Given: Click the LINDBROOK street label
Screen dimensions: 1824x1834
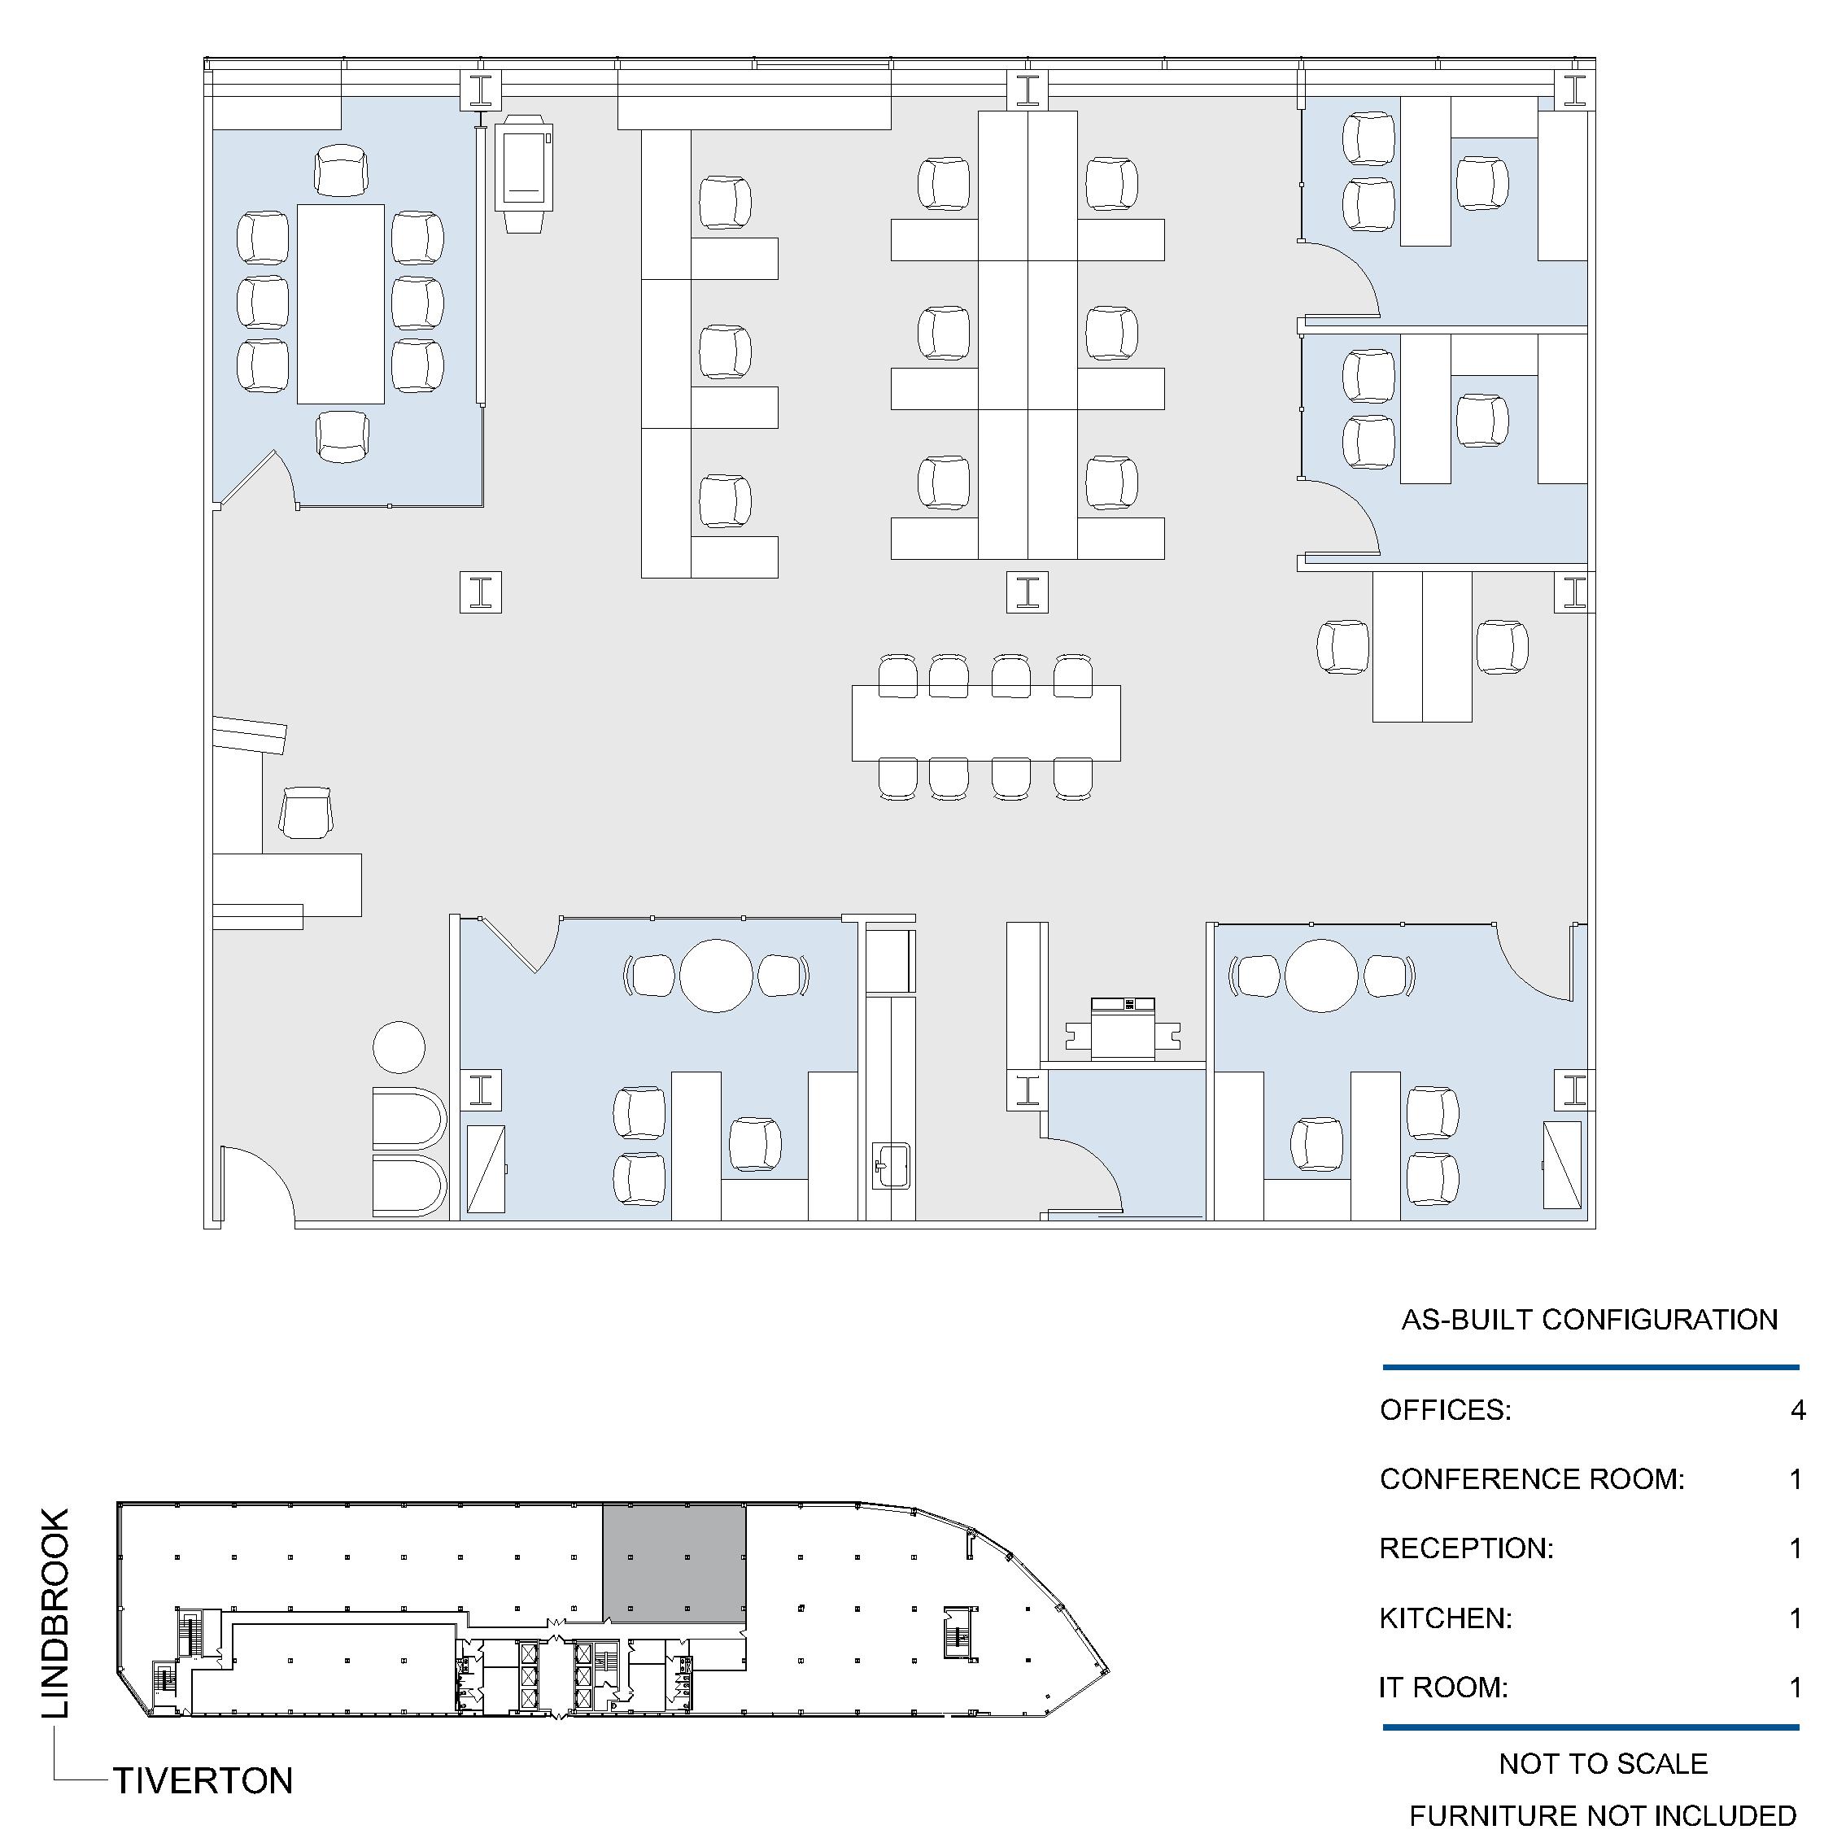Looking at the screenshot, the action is tap(56, 1613).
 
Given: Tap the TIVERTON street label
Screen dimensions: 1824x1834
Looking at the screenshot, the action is tap(203, 1782).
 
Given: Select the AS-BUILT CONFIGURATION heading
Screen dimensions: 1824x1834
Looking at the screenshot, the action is tap(1590, 1320).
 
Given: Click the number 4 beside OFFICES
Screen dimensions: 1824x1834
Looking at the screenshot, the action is tap(1797, 1411).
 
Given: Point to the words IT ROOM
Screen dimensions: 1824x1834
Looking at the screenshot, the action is tap(1442, 1687).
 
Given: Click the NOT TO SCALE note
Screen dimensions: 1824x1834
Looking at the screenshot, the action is tap(1603, 1764).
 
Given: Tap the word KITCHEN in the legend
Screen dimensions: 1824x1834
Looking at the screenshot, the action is tap(1446, 1618).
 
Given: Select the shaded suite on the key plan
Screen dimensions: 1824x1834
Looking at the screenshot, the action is tap(674, 1564).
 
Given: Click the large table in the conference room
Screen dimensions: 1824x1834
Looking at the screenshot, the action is tap(341, 303).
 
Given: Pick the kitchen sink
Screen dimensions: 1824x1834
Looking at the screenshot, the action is tap(891, 1166).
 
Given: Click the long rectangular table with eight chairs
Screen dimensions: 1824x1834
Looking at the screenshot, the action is tap(986, 723).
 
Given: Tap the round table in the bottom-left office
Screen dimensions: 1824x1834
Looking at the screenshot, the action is tap(717, 976).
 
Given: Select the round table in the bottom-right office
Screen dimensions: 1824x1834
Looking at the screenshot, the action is tap(1321, 976).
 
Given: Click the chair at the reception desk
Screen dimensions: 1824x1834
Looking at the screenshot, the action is tap(306, 813).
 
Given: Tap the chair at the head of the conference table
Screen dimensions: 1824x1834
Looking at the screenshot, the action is tap(342, 171).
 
